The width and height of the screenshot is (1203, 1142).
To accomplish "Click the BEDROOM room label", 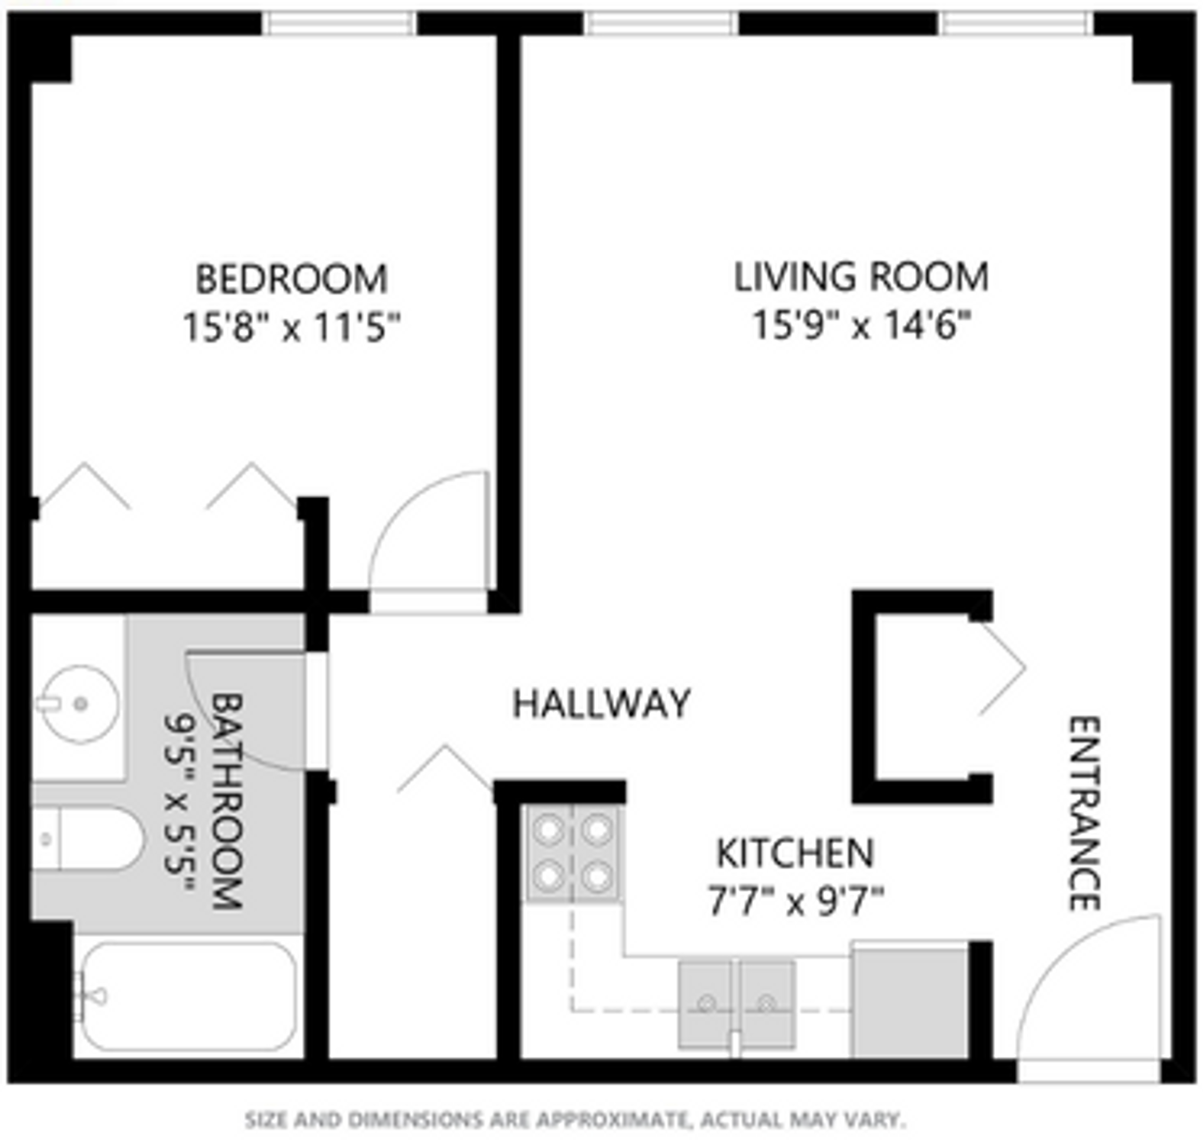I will (x=291, y=280).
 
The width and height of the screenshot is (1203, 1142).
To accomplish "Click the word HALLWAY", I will (x=601, y=704).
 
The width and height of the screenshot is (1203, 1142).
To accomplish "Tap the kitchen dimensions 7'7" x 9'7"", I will (x=795, y=902).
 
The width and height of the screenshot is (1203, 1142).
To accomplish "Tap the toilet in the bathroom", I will (x=91, y=840).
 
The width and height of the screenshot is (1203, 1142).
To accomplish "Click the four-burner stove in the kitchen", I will (x=573, y=854).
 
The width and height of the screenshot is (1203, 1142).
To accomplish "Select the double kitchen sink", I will (x=737, y=1005).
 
